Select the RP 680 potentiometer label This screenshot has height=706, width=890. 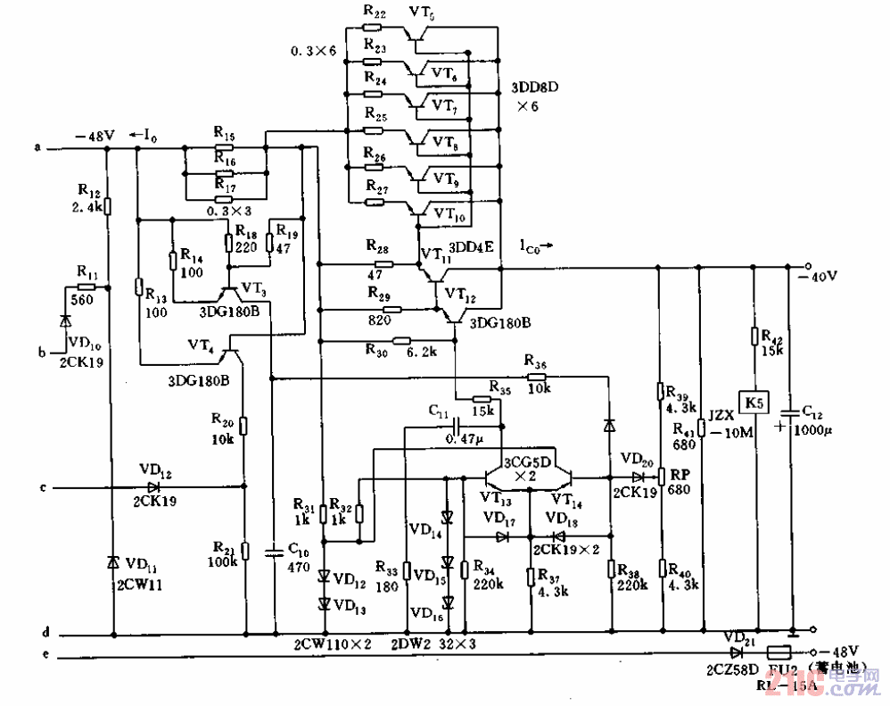(682, 482)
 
